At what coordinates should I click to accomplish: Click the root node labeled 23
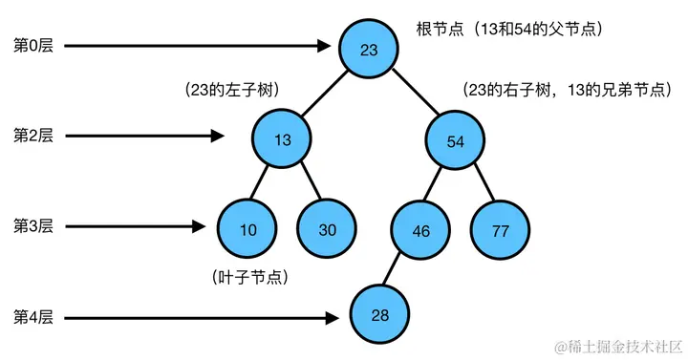pyautogui.click(x=369, y=49)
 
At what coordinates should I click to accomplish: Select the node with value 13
pyautogui.click(x=283, y=140)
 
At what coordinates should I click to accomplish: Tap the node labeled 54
pyautogui.click(x=455, y=140)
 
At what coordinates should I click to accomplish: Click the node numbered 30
pyautogui.click(x=327, y=229)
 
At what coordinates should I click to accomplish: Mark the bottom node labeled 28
pyautogui.click(x=378, y=315)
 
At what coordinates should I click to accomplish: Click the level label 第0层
pyautogui.click(x=32, y=45)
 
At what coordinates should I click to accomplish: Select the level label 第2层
pyautogui.click(x=32, y=136)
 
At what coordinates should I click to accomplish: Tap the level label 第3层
pyautogui.click(x=32, y=226)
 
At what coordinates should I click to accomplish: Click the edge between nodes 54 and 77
pyautogui.click(x=478, y=186)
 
